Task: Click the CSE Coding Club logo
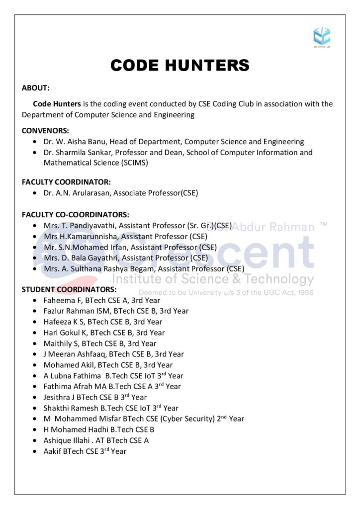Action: (322, 36)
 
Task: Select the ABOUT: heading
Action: (36, 88)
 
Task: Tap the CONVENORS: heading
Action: (45, 131)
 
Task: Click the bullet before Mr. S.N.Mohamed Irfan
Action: (34, 247)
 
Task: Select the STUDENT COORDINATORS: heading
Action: (69, 289)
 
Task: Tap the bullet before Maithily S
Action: (34, 343)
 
